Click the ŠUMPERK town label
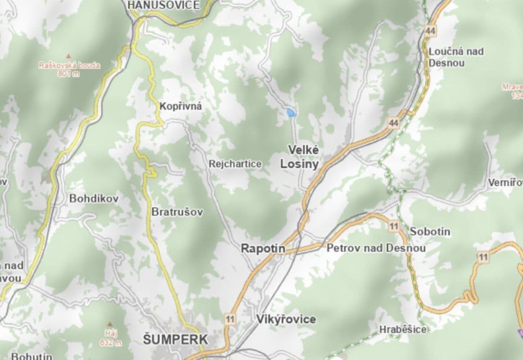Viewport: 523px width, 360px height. click(176, 339)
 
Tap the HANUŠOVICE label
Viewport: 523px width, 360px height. click(163, 5)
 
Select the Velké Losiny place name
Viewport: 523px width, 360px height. click(299, 157)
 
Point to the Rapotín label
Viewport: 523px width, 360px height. click(262, 248)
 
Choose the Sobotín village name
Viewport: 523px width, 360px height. click(430, 232)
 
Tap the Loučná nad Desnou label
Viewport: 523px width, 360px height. click(455, 57)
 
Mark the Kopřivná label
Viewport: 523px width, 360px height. click(180, 107)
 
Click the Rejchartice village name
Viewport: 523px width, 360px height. click(234, 164)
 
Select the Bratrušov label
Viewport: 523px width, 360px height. click(177, 211)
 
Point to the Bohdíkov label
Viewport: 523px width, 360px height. click(94, 198)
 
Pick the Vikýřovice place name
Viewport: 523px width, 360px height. click(286, 319)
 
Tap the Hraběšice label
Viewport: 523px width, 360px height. click(402, 329)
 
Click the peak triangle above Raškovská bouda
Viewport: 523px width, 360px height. click(68, 56)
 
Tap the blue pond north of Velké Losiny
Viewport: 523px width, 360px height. click(291, 112)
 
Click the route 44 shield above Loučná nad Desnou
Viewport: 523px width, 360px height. click(430, 30)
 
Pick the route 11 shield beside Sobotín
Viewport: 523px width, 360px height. click(394, 226)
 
